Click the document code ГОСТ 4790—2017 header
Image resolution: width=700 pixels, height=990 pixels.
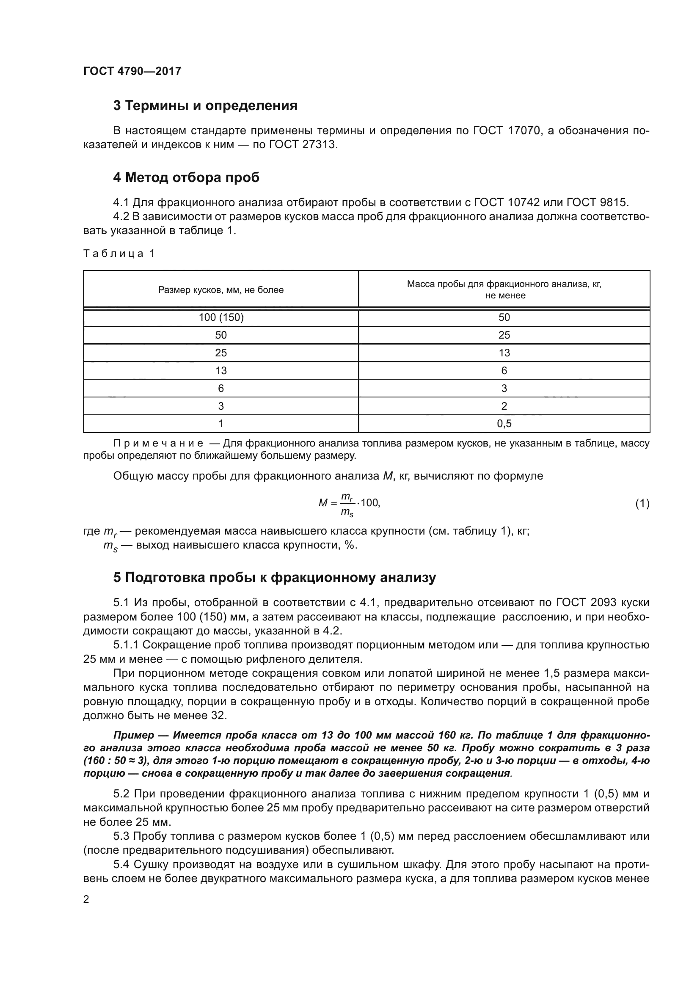(x=132, y=71)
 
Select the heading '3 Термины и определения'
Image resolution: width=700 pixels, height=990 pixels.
(x=205, y=106)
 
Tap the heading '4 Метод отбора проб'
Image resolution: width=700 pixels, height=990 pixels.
(x=186, y=177)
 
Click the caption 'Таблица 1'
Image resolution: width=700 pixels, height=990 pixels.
(x=119, y=254)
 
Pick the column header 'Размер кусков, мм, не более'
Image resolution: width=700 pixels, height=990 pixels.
(x=220, y=290)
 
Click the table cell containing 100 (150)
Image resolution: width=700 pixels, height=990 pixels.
(x=220, y=318)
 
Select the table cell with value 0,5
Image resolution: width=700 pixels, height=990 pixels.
(x=504, y=424)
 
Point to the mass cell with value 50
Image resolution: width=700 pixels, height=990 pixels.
(x=504, y=318)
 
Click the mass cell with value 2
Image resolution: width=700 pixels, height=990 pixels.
(x=504, y=406)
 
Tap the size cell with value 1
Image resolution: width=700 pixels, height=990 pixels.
(x=220, y=424)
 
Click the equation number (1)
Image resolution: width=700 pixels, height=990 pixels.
(x=642, y=503)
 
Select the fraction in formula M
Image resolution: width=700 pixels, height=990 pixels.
(x=347, y=504)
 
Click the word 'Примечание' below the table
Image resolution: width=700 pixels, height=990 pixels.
(x=158, y=443)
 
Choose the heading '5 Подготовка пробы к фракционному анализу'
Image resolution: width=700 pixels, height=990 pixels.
(x=274, y=578)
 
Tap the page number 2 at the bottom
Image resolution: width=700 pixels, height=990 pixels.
(x=86, y=899)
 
